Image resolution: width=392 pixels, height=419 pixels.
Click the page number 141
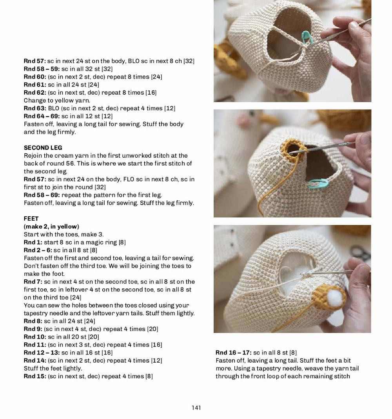click(x=196, y=408)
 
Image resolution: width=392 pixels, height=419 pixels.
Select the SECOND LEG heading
click(x=43, y=147)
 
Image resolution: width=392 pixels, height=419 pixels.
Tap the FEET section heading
click(x=31, y=218)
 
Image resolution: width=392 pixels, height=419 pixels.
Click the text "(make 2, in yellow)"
click(x=51, y=227)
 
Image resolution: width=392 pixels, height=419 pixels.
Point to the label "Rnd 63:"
click(x=35, y=108)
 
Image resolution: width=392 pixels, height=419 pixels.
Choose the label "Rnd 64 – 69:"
click(x=42, y=116)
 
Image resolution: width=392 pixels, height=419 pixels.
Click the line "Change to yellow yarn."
click(x=57, y=101)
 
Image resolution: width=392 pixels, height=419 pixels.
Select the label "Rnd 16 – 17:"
click(x=233, y=352)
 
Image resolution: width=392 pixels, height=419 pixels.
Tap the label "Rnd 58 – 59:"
click(x=42, y=69)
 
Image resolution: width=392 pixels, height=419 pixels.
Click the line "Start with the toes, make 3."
click(x=64, y=234)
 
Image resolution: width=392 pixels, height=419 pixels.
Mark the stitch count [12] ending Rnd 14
click(x=156, y=360)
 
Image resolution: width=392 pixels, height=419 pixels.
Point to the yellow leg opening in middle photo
click(x=291, y=151)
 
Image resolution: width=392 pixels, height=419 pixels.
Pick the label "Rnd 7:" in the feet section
click(x=33, y=282)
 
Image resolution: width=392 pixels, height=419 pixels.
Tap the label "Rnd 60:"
click(x=35, y=77)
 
